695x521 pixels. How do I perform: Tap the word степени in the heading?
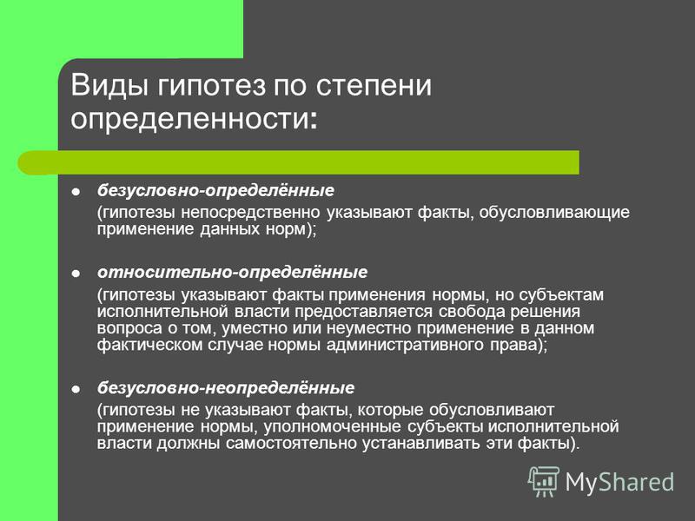coord(374,85)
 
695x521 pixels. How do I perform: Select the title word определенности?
coord(189,119)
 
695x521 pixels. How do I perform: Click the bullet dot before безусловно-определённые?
coord(76,192)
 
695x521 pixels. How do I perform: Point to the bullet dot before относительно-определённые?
coord(76,274)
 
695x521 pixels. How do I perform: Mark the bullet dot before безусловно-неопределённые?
coord(76,389)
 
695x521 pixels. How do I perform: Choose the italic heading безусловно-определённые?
coord(215,190)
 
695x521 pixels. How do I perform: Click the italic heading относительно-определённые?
coord(232,272)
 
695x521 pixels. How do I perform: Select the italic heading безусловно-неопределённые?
coord(226,387)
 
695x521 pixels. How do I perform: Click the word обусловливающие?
coord(554,213)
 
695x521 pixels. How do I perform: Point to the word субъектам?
coord(561,294)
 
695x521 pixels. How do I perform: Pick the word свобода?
coord(471,312)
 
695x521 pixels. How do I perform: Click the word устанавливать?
coord(421,444)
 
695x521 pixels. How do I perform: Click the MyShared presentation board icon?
coord(544,481)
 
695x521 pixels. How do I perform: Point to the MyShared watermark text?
coord(619,482)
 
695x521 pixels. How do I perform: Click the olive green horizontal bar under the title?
coord(298,162)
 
